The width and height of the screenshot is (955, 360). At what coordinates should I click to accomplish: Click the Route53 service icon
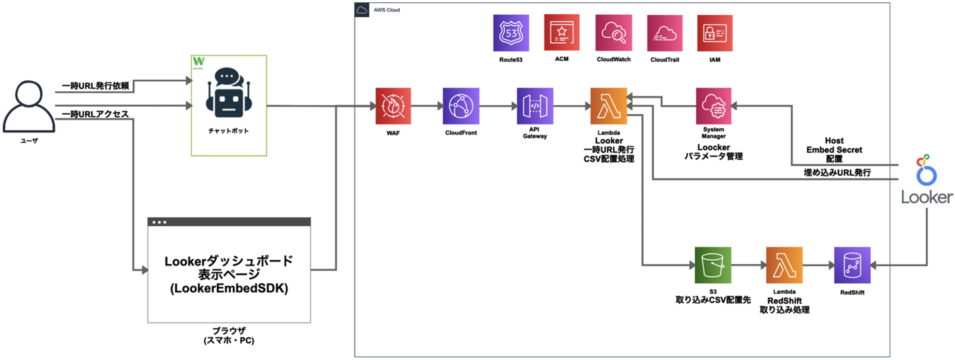coord(510,33)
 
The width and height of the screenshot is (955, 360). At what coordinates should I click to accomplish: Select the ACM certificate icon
coord(562,32)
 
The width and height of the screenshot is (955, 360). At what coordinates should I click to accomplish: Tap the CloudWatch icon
coord(613,33)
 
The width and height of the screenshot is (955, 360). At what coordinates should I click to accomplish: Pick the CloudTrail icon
coord(664,33)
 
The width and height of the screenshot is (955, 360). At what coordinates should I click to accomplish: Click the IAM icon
coord(714,33)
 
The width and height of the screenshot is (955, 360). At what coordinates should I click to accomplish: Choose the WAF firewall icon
coord(393,106)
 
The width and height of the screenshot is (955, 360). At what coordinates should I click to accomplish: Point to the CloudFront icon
coord(461,106)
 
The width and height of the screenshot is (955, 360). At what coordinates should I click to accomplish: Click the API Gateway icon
coord(535,106)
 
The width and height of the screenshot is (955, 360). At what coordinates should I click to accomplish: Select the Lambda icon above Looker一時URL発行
coord(608,106)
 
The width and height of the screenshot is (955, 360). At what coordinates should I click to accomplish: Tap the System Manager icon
coord(713,106)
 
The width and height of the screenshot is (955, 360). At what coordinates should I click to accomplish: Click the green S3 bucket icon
coord(712,265)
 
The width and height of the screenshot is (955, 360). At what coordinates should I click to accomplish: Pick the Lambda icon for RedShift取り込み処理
coord(784,265)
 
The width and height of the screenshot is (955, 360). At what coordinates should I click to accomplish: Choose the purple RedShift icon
coord(852,265)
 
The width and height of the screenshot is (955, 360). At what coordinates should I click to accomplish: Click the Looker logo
coord(926,180)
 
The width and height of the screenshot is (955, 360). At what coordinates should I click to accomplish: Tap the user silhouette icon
coord(29,107)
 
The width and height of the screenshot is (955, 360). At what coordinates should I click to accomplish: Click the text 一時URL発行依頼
coord(95,86)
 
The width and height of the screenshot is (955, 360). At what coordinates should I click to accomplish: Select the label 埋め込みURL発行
coord(837,172)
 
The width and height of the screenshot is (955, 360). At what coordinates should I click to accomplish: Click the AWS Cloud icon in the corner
coord(362,10)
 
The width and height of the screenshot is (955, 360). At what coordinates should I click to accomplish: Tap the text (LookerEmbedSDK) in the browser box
coord(229,288)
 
